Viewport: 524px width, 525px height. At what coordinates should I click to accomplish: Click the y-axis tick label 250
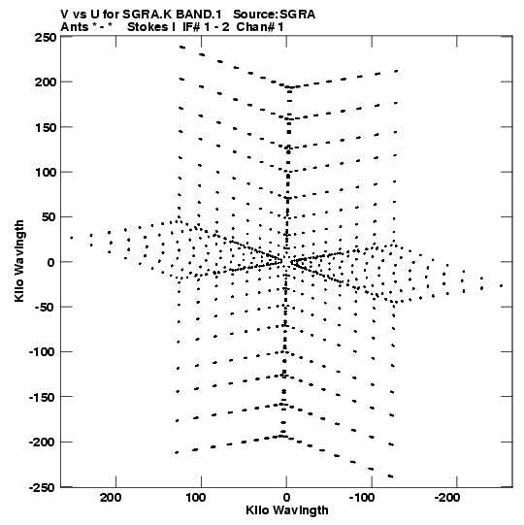46,38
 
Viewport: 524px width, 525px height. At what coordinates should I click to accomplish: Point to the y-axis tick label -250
43,488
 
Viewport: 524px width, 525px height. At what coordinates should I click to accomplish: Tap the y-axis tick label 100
46,172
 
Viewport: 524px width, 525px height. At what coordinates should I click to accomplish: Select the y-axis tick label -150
43,398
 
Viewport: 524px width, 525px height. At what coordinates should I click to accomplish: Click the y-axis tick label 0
50,262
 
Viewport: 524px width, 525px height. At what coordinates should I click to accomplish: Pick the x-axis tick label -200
446,498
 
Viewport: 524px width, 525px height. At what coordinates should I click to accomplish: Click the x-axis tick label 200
111,498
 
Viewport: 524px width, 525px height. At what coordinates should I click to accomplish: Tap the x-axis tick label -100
362,498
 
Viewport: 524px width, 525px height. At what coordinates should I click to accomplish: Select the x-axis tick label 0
286,498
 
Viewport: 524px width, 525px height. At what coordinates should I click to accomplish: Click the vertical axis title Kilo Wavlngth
19,261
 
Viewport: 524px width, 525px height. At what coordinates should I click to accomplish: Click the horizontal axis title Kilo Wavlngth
287,510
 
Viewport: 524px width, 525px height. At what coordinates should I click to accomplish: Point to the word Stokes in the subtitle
148,27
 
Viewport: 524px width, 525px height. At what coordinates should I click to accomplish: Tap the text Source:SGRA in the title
274,15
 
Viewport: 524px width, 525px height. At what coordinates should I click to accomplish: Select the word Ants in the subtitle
75,27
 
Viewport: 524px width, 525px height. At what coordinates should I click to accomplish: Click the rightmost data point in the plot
501,285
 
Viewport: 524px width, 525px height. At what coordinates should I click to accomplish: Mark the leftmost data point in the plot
71,238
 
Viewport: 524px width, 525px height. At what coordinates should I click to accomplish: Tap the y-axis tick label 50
49,217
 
